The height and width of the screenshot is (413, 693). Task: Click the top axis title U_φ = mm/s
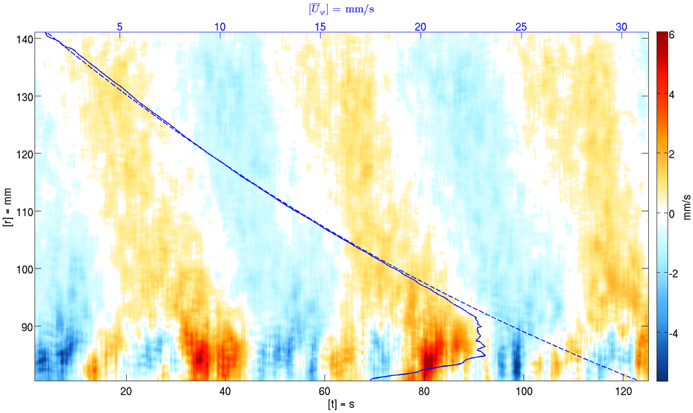[341, 9]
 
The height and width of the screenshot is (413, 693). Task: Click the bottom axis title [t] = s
[341, 404]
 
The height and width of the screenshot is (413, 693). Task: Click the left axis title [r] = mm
[8, 206]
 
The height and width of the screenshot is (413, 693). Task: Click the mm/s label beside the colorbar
[686, 206]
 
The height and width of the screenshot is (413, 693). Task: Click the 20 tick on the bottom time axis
[126, 392]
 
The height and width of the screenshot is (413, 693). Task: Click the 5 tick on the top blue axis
[120, 26]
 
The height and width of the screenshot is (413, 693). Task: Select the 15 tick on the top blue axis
[320, 26]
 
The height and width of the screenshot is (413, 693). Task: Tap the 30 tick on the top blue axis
[621, 26]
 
